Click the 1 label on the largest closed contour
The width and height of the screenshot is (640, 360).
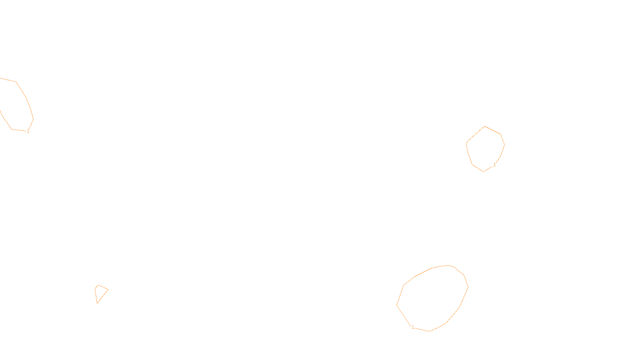(x=413, y=327)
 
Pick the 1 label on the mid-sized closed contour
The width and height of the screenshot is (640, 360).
(x=494, y=164)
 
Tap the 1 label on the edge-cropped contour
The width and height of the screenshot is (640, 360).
(x=28, y=131)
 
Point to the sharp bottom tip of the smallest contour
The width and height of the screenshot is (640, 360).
(x=97, y=303)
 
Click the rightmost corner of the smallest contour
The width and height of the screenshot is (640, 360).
(x=108, y=290)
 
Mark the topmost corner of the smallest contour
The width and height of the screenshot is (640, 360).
(x=98, y=285)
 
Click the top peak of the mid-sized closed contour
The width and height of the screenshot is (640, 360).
(x=485, y=126)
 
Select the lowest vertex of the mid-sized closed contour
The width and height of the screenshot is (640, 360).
(x=484, y=172)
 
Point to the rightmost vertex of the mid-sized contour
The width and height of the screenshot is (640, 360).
(x=504, y=144)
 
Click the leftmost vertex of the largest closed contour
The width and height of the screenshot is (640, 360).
(x=397, y=305)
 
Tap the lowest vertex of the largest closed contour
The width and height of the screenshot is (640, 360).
(x=430, y=331)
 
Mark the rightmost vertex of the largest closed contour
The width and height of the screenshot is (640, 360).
(x=468, y=287)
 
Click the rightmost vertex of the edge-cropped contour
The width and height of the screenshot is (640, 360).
(x=33, y=119)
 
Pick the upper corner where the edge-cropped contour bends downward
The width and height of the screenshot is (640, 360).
(x=16, y=82)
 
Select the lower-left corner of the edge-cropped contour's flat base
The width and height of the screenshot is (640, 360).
(x=12, y=129)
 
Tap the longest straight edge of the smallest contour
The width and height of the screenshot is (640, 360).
(x=103, y=296)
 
